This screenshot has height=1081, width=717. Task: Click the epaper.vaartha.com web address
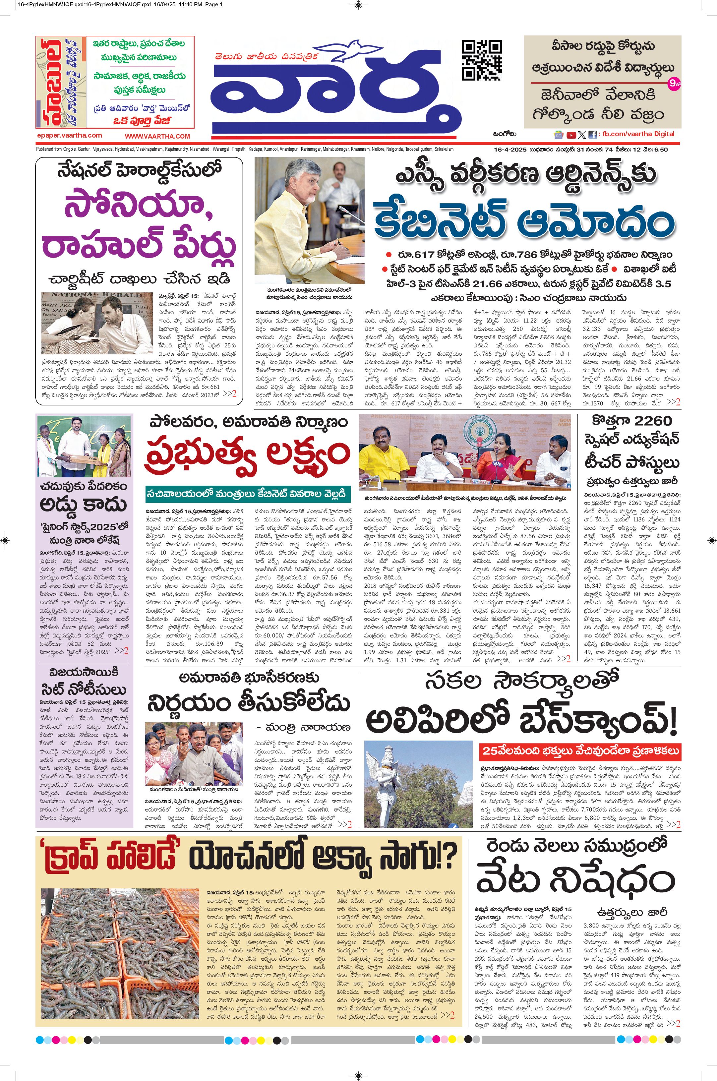(x=70, y=135)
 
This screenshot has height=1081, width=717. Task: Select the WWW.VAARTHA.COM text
(x=157, y=136)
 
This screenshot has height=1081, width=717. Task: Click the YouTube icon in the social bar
(x=571, y=135)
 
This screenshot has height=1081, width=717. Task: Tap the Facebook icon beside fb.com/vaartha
(x=593, y=135)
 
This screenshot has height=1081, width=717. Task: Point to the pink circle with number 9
(x=673, y=84)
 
